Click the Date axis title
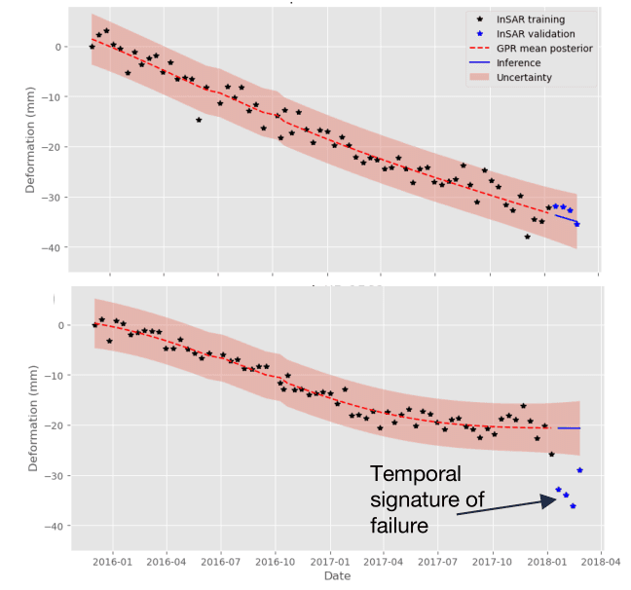tap(337, 576)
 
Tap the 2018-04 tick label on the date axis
tap(601, 561)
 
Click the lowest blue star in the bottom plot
tap(573, 506)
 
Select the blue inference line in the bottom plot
tap(569, 428)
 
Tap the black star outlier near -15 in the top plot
tap(199, 120)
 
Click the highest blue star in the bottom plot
tap(580, 470)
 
